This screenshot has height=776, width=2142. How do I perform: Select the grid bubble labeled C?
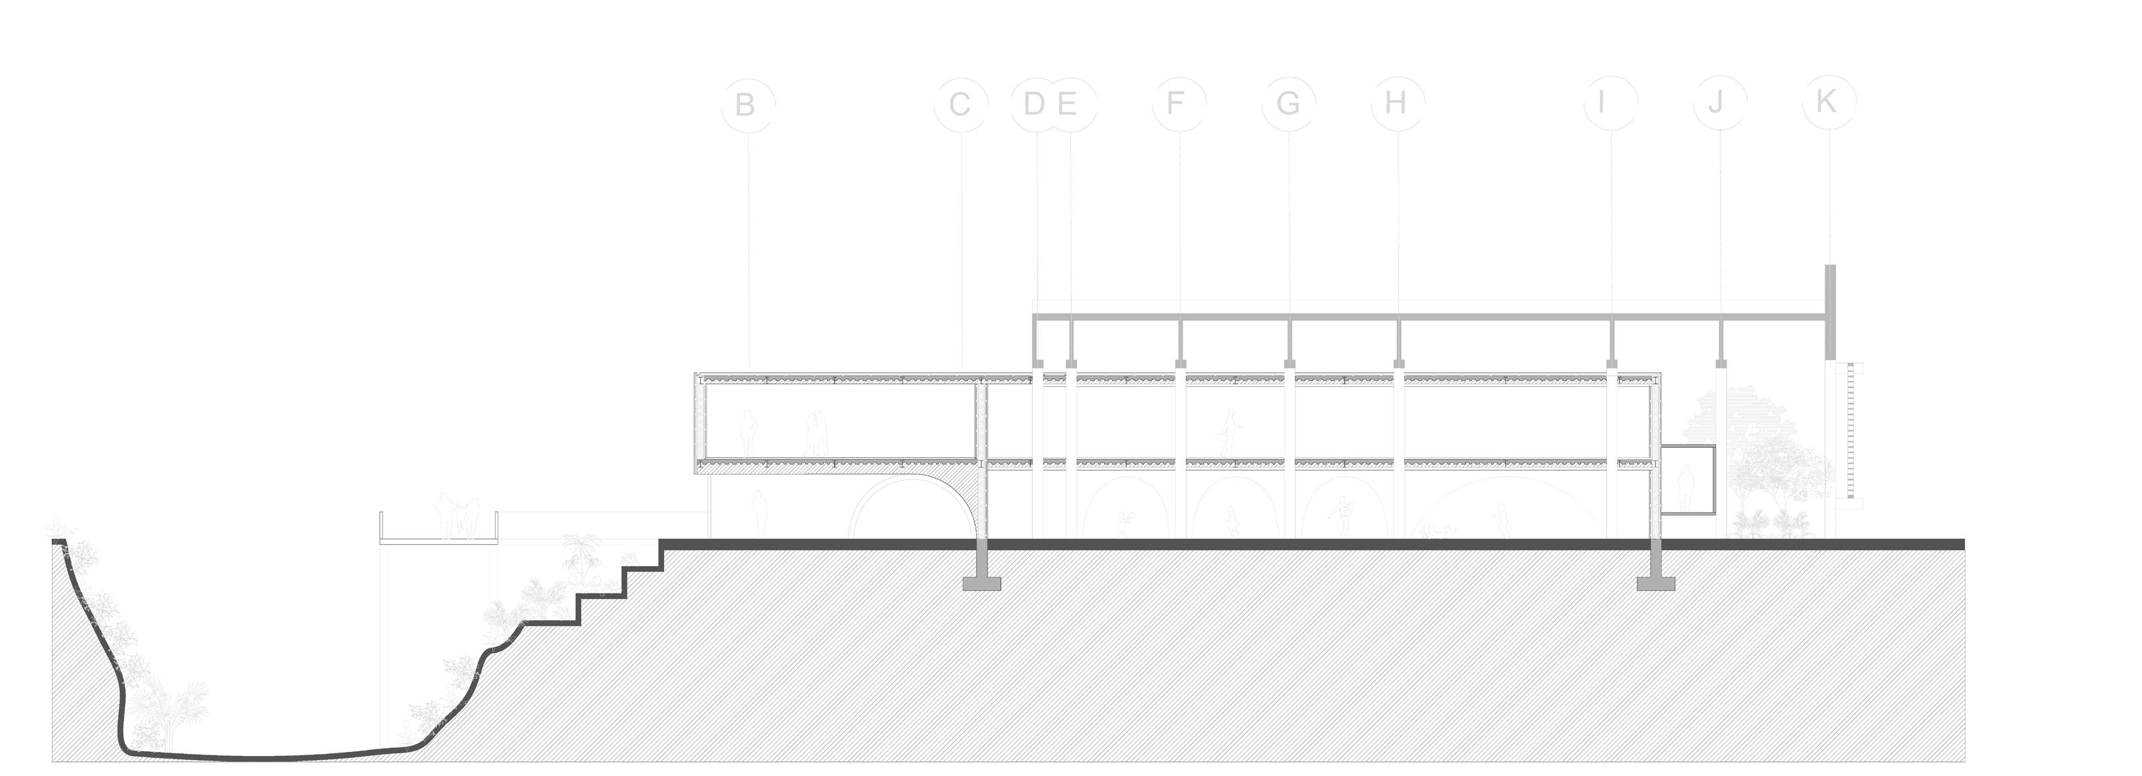pos(960,105)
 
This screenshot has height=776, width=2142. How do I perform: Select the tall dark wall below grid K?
pos(1830,312)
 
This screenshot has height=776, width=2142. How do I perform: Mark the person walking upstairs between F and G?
pos(1229,432)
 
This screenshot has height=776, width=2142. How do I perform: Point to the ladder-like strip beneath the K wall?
pos(1843,432)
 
